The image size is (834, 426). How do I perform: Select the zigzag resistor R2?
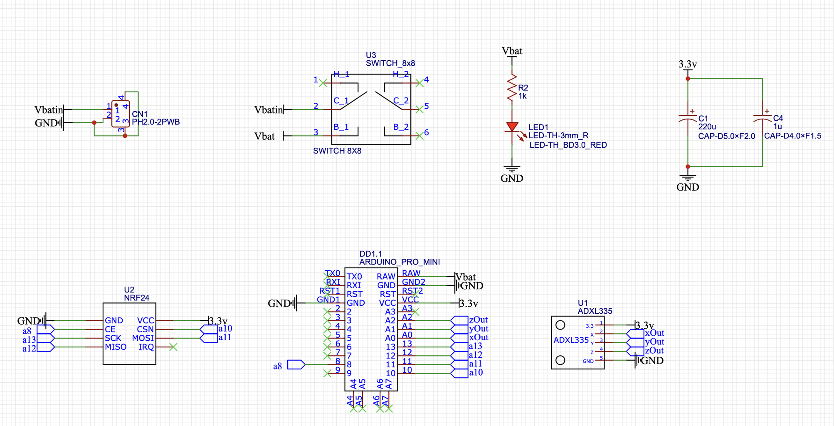[512, 87]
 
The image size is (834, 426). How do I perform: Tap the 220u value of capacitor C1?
[707, 127]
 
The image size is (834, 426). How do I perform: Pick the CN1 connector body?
[121, 114]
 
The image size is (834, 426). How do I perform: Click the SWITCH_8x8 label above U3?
[390, 63]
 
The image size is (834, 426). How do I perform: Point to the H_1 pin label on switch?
[341, 74]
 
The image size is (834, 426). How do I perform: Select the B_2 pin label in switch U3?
[401, 127]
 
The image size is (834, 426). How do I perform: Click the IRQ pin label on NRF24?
[146, 347]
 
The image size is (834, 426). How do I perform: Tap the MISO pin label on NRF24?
[116, 347]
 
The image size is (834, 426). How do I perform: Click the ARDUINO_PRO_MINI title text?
[400, 262]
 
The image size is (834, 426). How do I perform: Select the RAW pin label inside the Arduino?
[386, 277]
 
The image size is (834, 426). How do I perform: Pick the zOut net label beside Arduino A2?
[478, 320]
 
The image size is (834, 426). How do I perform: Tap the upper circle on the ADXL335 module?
[560, 325]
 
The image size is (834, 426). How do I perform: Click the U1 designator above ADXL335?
[583, 303]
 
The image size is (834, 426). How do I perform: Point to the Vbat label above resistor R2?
[512, 51]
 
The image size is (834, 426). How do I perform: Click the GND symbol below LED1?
[512, 170]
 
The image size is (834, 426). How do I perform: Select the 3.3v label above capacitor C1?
[688, 64]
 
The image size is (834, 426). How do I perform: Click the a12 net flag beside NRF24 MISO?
[45, 347]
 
